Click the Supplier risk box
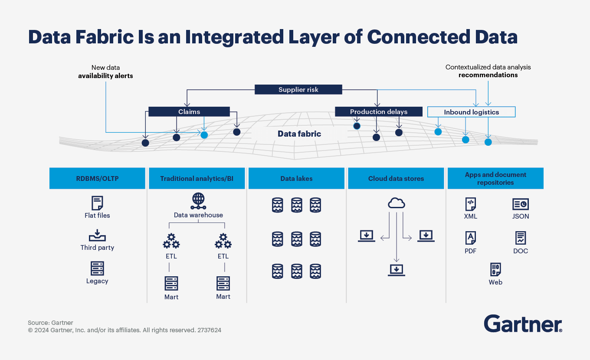coord(298,90)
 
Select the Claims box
coord(189,112)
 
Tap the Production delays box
coord(378,112)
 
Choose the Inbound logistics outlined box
coord(471,112)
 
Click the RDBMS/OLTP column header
coord(97,179)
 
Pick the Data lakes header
coord(296,179)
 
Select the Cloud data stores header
coord(396,179)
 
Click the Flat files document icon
coord(97,203)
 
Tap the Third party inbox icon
coord(97,236)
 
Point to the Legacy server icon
coord(97,268)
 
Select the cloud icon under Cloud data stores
coord(396,203)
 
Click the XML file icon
coord(470,204)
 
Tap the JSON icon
coord(520,204)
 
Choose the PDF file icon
coord(470,238)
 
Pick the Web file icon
coord(495,269)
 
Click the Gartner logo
coord(523,324)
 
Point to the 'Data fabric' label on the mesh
coord(299,134)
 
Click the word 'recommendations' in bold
coord(488,75)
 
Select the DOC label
coord(521,251)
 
